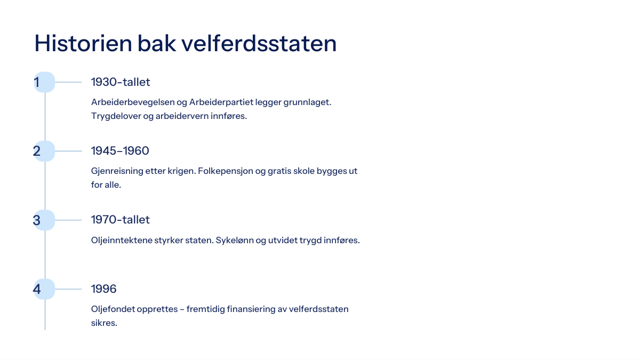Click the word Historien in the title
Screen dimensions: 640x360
pyautogui.click(x=83, y=43)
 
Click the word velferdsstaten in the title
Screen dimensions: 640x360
pyautogui.click(x=259, y=43)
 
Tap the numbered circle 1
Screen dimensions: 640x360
pyautogui.click(x=45, y=82)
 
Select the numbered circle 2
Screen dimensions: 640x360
pyautogui.click(x=45, y=151)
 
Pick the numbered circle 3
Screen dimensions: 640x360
pyautogui.click(x=45, y=220)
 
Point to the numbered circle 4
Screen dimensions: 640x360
pyautogui.click(x=45, y=289)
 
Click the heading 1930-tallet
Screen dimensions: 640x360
pyautogui.click(x=121, y=82)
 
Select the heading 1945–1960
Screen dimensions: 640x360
pyautogui.click(x=120, y=151)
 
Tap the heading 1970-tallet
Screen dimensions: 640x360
pyautogui.click(x=121, y=220)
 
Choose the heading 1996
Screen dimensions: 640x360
pyautogui.click(x=103, y=289)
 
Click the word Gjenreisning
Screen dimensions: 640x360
pyautogui.click(x=117, y=171)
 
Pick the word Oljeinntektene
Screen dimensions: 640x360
pyautogui.click(x=122, y=241)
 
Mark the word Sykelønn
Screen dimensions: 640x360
pyautogui.click(x=234, y=241)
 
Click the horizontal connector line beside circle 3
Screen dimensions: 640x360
pyautogui.click(x=68, y=220)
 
